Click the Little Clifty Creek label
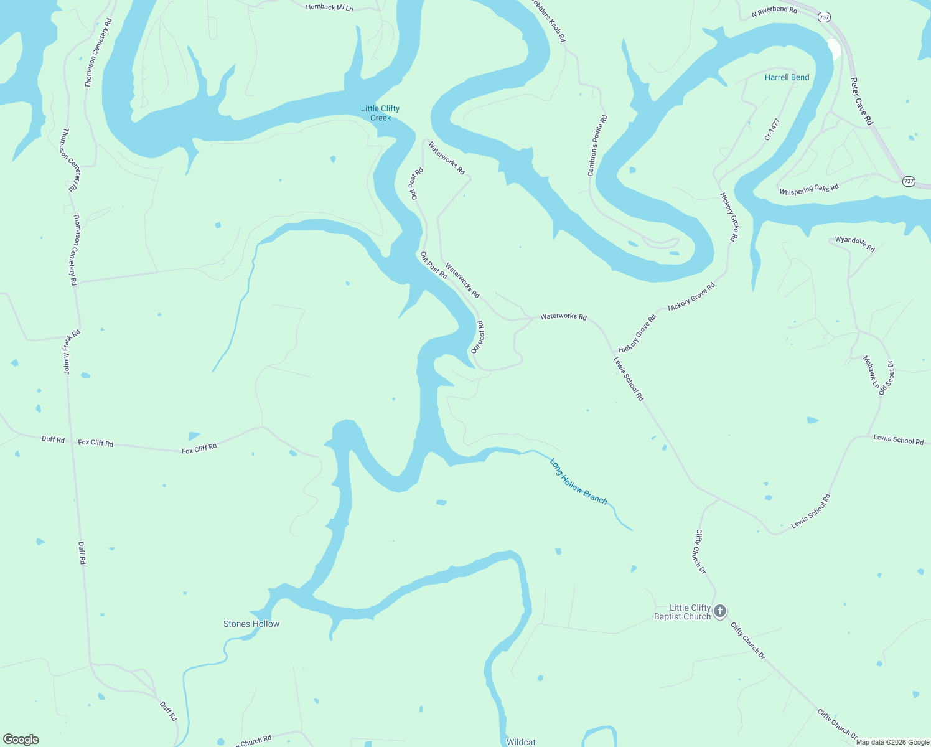(380, 113)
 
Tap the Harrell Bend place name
(787, 77)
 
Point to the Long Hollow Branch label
(578, 481)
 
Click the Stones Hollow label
(251, 624)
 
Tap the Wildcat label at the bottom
(521, 741)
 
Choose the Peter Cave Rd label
(861, 101)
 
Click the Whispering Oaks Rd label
(809, 189)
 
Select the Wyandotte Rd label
(854, 243)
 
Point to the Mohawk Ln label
(871, 372)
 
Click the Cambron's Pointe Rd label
(597, 145)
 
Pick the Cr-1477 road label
(772, 129)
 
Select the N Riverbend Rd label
(774, 11)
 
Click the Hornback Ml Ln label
(329, 7)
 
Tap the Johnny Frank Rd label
(72, 352)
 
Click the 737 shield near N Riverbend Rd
(825, 17)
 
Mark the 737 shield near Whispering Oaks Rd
(909, 181)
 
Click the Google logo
(21, 740)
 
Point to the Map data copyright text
(892, 742)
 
